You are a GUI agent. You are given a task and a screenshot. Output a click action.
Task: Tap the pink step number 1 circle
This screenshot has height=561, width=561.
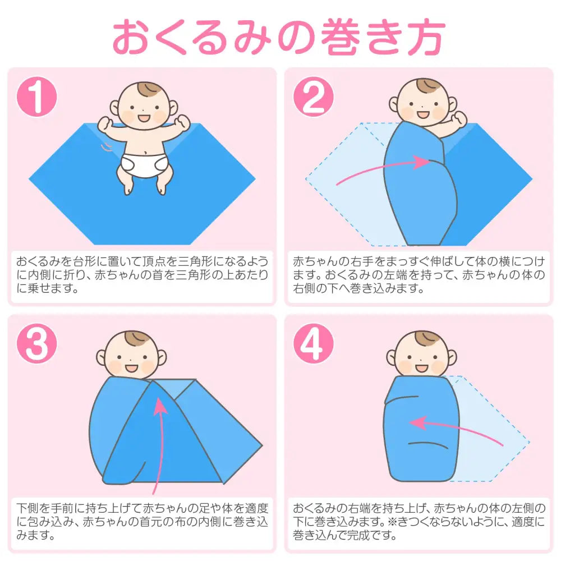pos(38,97)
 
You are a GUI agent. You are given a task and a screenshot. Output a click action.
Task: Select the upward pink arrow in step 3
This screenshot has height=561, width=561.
pos(160,443)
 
